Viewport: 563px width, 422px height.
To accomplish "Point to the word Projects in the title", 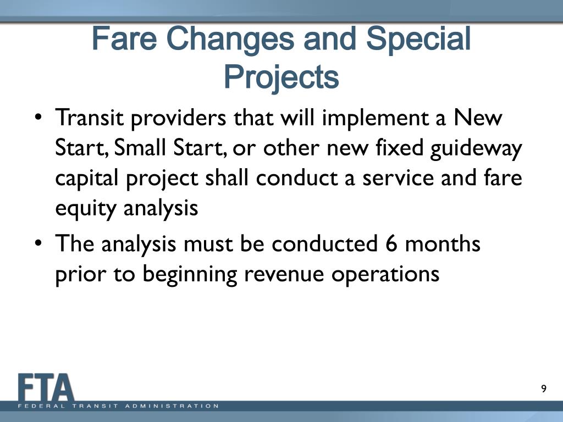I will [x=281, y=77].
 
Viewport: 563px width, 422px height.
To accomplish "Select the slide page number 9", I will [x=544, y=390].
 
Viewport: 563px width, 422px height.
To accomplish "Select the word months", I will [x=443, y=243].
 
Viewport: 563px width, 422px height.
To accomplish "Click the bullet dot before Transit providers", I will [x=38, y=119].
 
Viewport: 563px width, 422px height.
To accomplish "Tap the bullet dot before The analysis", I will [x=38, y=244].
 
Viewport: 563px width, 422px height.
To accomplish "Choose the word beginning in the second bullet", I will [x=190, y=274].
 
